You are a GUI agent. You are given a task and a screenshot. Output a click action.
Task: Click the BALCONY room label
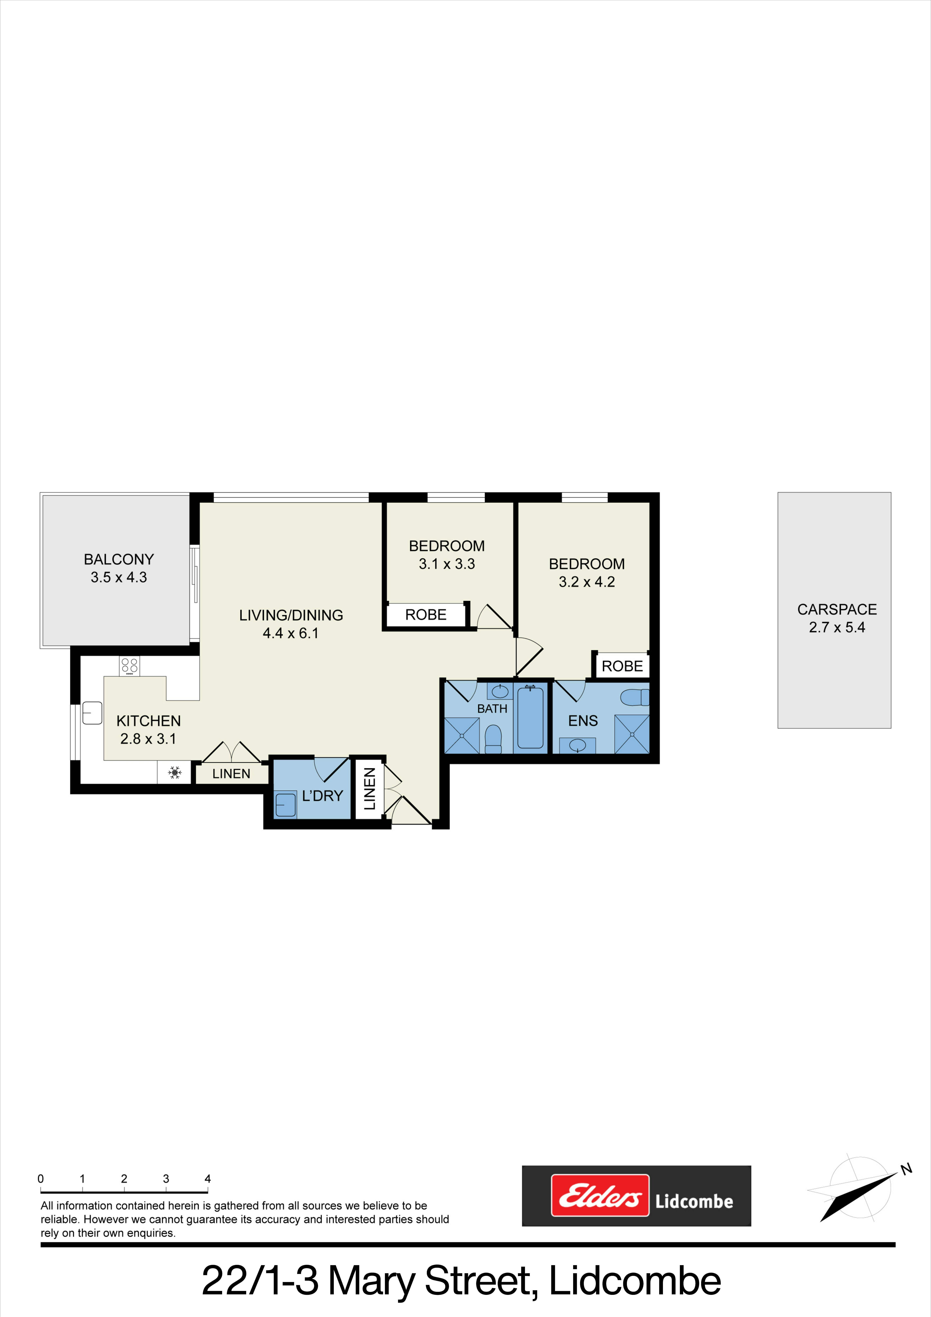[119, 559]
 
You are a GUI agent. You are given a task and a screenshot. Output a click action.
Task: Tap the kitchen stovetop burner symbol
[130, 666]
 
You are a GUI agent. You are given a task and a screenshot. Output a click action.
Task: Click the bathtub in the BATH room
[530, 718]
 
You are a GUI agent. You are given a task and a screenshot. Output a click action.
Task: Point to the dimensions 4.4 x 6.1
[291, 633]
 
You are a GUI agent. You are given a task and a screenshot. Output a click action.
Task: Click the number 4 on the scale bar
[207, 1179]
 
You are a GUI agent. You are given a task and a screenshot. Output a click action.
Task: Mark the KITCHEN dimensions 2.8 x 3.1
[148, 739]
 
